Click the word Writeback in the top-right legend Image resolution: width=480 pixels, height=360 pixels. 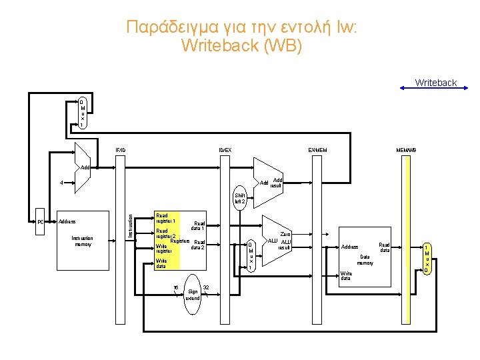coord(435,83)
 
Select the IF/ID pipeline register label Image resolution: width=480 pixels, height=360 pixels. coord(120,149)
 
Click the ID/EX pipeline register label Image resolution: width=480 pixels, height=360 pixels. coord(225,149)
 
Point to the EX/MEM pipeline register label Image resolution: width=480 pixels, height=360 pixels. coord(317,149)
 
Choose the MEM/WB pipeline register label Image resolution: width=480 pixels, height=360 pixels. coord(406,149)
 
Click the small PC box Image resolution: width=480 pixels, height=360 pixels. coord(40,221)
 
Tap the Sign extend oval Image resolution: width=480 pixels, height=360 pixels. coord(193,291)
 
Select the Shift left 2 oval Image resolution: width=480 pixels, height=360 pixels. coord(239,198)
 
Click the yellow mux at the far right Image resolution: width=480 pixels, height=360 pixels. coord(427,259)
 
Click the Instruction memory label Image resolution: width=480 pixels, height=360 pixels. coord(82,241)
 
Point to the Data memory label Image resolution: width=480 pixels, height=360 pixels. coord(365,259)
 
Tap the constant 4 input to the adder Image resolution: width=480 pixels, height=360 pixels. coord(61,182)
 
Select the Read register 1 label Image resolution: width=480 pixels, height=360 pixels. coord(165,218)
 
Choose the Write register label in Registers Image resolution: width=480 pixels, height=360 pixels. coord(164,249)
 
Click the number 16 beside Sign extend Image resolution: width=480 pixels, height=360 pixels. coord(175,287)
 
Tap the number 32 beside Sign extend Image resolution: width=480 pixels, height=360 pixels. coord(206,287)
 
